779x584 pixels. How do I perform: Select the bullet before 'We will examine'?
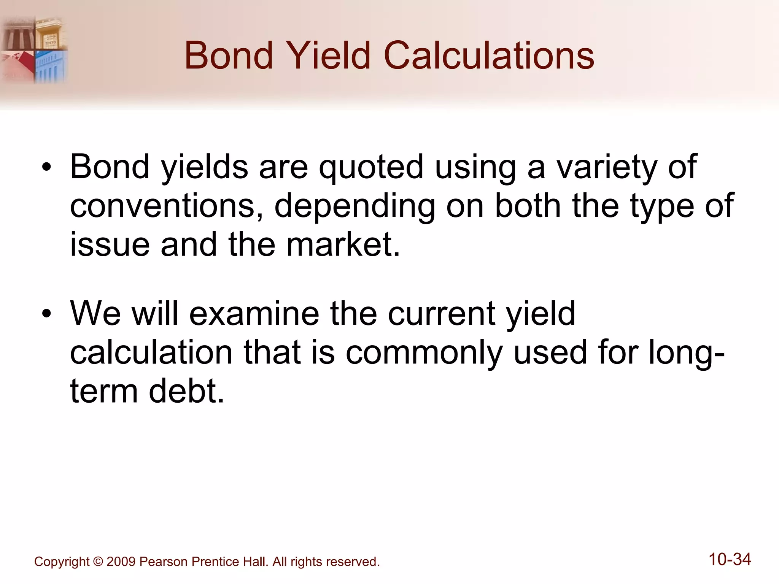pos(46,314)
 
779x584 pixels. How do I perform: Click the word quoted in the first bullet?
pos(371,167)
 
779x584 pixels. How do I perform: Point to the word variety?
pos(607,167)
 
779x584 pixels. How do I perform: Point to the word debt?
pos(186,392)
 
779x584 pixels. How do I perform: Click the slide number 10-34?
pos(730,560)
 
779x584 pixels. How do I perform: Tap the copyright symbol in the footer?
pos(98,562)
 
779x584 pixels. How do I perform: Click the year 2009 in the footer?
pos(121,562)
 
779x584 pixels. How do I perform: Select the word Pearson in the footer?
pos(164,562)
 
